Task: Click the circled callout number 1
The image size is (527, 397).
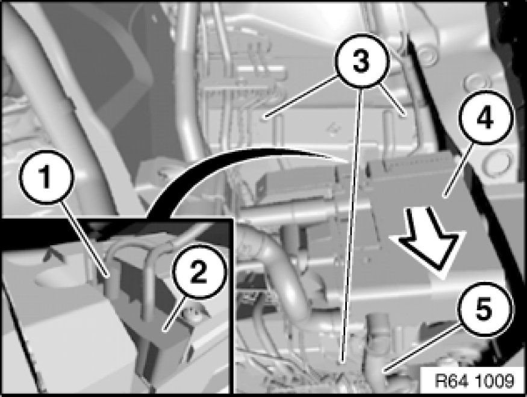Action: [46, 177]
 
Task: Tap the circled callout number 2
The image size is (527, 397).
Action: [199, 272]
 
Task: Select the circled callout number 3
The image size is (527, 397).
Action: [361, 61]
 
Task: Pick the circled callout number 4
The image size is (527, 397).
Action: [486, 117]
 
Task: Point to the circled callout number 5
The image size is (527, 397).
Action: [484, 309]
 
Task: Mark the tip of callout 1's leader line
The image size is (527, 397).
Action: [108, 278]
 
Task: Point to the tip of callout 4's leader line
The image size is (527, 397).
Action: [444, 195]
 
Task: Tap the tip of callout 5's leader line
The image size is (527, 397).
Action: [385, 372]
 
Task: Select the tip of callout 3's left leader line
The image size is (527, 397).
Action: [265, 117]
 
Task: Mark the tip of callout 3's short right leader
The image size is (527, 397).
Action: [405, 115]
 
